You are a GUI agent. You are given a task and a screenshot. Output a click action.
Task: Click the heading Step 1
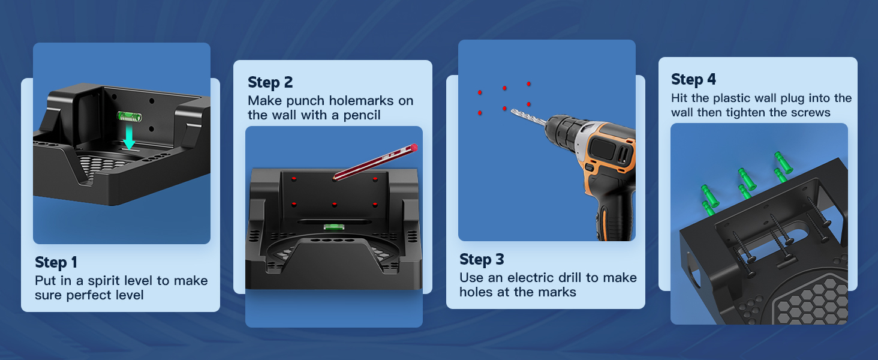56,263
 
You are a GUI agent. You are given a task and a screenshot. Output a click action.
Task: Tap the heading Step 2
270,83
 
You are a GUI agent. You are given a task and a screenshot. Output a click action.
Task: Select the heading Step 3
482,260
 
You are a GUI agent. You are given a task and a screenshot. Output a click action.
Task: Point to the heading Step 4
693,80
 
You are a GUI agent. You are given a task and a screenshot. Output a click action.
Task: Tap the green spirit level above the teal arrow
130,116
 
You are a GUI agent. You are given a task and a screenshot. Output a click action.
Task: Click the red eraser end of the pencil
414,148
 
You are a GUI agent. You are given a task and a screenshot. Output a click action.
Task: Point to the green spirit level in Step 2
334,227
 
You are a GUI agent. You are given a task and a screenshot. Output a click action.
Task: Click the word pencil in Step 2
362,115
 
